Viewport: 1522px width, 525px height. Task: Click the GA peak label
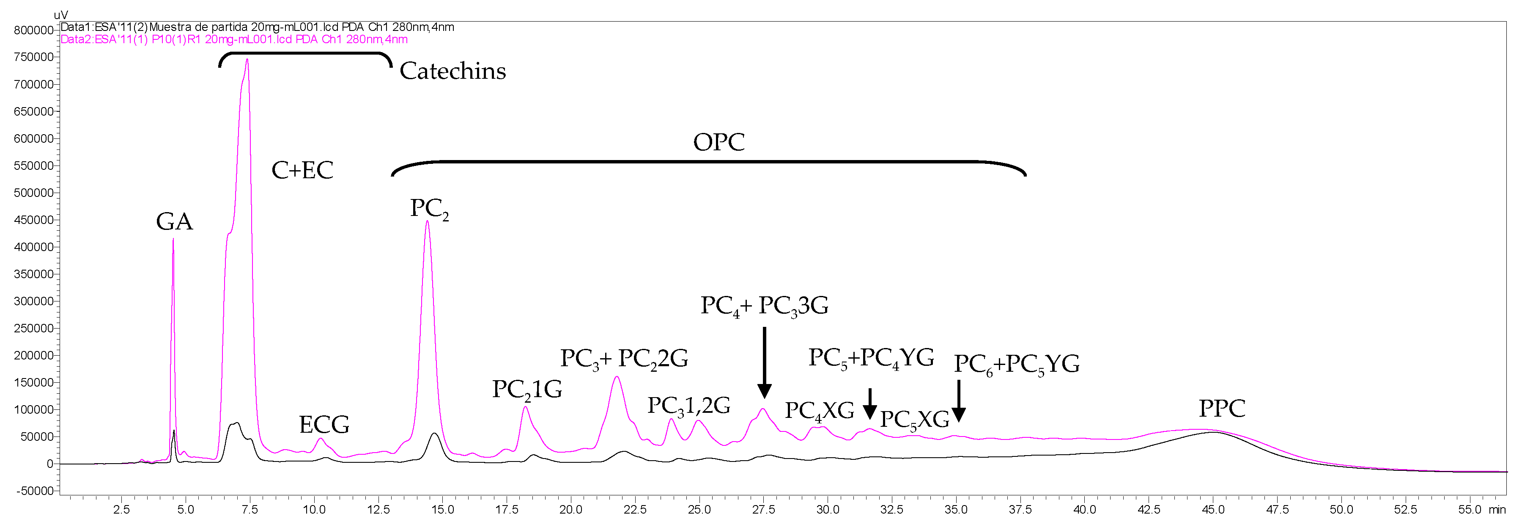tap(174, 222)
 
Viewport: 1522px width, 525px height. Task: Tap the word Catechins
tap(452, 71)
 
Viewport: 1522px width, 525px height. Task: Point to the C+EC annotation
tap(302, 170)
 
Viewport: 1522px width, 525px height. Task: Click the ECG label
tap(324, 425)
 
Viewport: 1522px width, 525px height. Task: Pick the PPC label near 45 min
tap(1222, 409)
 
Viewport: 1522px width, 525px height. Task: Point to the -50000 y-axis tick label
tap(34, 491)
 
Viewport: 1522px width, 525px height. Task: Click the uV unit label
tap(61, 15)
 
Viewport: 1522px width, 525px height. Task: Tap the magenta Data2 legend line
tap(234, 40)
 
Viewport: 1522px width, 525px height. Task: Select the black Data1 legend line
tap(257, 27)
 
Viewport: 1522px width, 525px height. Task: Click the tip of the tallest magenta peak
tap(247, 59)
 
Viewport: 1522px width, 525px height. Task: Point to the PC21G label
tap(527, 390)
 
